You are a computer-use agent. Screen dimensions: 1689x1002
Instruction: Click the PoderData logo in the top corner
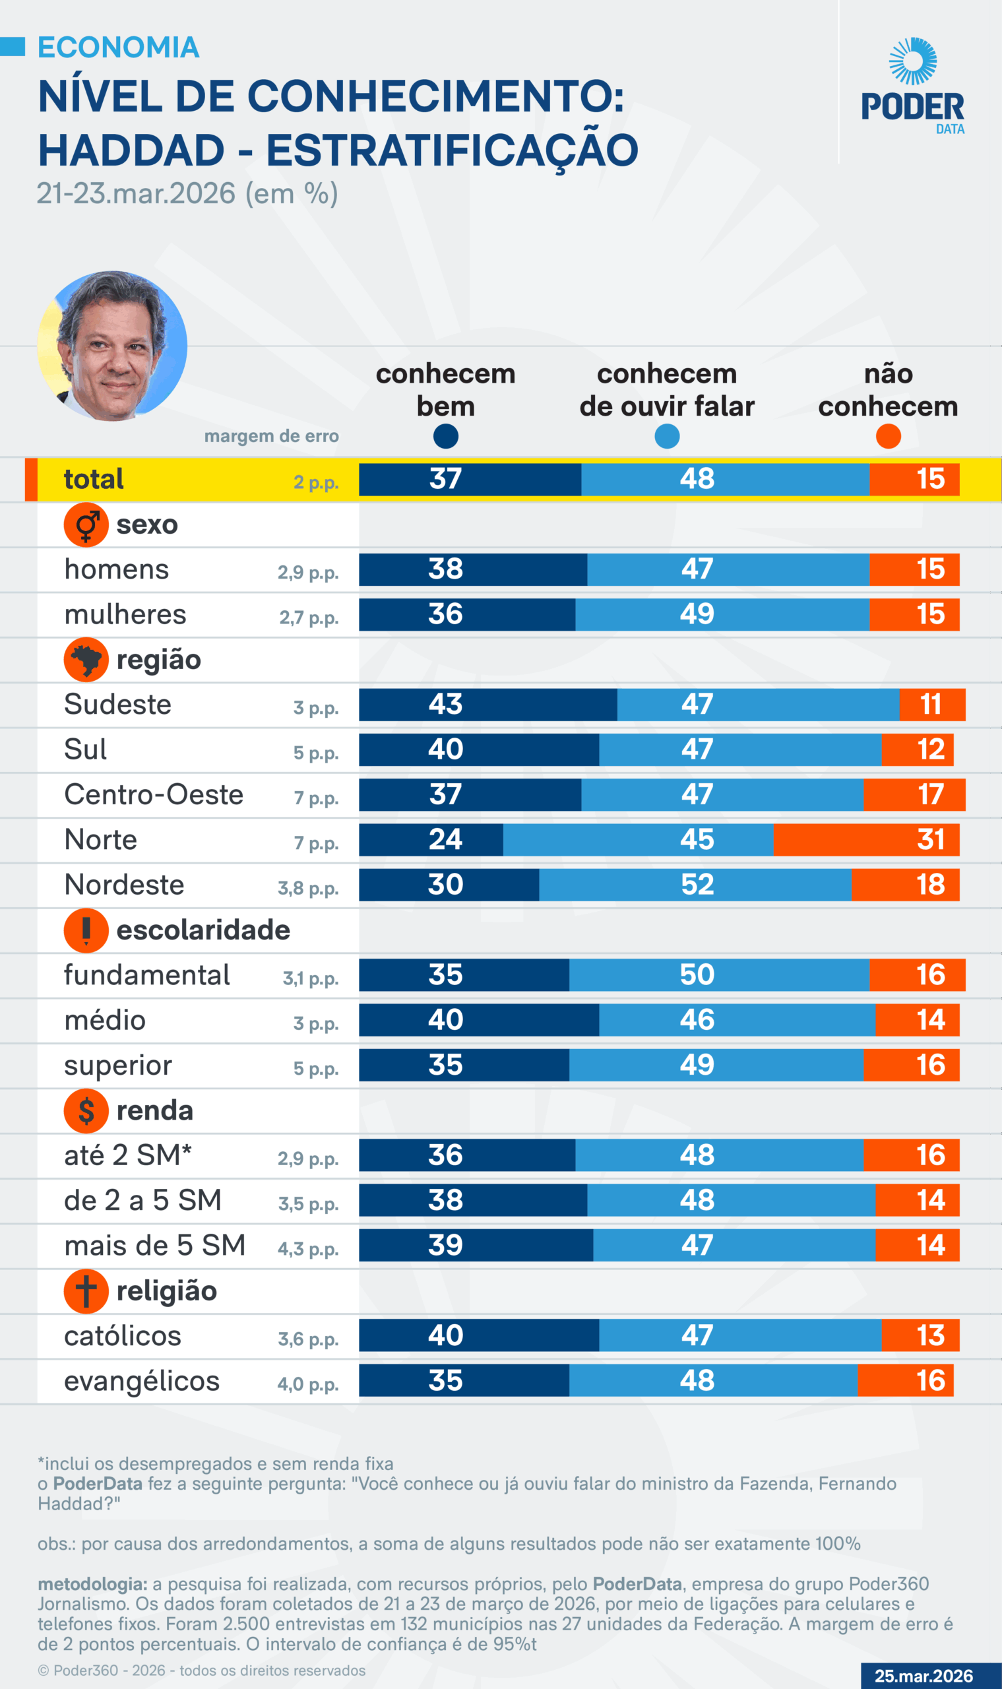(x=912, y=86)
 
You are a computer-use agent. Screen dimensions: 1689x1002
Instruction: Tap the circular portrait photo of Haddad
(x=112, y=346)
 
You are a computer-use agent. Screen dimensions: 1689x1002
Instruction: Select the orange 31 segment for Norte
(x=865, y=839)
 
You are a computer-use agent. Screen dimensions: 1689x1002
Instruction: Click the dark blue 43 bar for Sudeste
(x=487, y=705)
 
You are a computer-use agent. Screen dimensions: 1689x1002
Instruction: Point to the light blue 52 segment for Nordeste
(x=695, y=885)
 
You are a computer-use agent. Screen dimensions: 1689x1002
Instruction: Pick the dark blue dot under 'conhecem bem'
(x=446, y=436)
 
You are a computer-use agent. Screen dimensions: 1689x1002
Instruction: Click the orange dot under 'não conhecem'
(x=888, y=436)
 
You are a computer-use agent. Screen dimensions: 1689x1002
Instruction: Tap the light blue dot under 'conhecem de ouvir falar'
(x=667, y=436)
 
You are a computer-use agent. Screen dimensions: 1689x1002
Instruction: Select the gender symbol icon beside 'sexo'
(x=86, y=525)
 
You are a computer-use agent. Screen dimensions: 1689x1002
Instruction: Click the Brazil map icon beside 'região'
(x=86, y=660)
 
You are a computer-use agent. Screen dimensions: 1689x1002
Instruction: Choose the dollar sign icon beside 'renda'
(x=86, y=1111)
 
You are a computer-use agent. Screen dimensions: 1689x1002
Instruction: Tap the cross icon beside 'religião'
(x=86, y=1291)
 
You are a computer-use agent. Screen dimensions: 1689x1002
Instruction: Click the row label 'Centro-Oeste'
(x=153, y=795)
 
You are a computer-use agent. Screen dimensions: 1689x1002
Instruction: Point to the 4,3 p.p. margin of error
(x=308, y=1249)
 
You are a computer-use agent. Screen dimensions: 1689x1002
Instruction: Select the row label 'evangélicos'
(x=142, y=1381)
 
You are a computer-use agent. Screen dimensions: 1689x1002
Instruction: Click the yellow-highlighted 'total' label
(x=94, y=479)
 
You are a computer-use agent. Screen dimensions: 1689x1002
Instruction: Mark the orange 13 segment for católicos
(x=920, y=1335)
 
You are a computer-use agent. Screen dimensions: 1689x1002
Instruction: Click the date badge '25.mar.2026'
(x=923, y=1676)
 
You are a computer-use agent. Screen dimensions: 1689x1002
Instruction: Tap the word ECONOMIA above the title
(x=118, y=48)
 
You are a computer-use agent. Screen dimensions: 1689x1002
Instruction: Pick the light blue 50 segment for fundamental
(x=718, y=974)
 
